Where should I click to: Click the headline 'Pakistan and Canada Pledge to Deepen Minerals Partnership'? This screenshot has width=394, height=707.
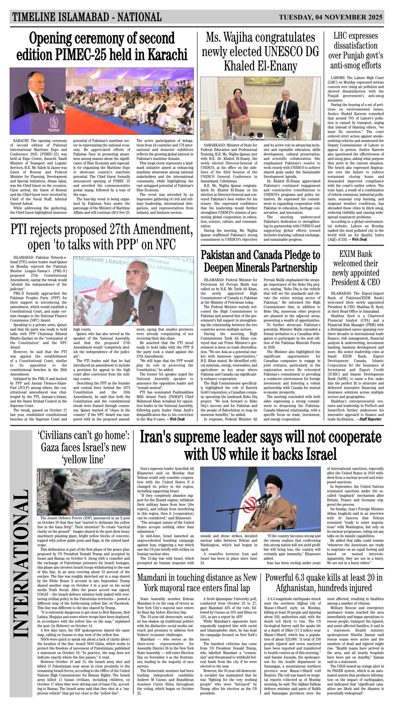click(260, 261)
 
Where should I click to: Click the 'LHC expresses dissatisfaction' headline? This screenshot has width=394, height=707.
click(355, 51)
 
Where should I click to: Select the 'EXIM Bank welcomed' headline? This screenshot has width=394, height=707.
click(355, 268)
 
